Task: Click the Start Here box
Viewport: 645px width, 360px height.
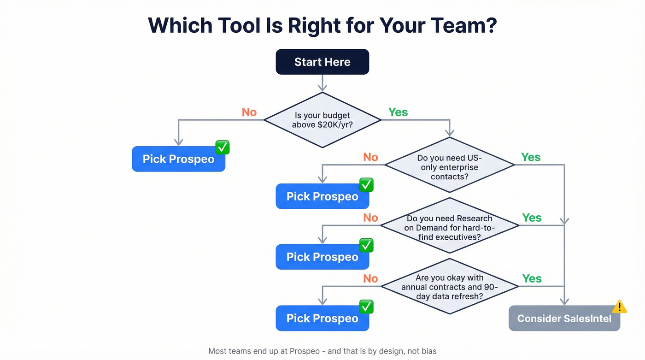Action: [322, 62]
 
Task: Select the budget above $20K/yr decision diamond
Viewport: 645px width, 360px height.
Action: [322, 120]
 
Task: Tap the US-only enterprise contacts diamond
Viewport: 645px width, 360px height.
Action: [449, 165]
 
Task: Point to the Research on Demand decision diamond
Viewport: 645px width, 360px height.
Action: [449, 225]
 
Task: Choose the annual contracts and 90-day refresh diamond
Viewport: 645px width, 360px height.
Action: [449, 286]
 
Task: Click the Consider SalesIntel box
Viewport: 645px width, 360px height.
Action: [564, 319]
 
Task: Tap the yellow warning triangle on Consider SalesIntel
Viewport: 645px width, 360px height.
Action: [619, 307]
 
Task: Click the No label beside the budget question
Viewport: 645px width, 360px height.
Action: [249, 112]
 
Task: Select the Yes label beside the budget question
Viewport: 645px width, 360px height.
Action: [398, 112]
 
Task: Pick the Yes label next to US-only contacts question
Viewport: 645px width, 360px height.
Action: [531, 157]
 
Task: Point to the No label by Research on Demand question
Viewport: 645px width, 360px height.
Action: [370, 218]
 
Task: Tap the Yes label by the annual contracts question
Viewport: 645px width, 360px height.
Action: [532, 278]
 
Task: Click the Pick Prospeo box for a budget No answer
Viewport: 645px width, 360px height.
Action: [178, 159]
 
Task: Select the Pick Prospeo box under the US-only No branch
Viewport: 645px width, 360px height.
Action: [322, 196]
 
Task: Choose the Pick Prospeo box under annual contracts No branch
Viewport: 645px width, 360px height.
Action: [322, 319]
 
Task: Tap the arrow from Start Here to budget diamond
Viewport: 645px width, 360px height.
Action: [322, 83]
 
